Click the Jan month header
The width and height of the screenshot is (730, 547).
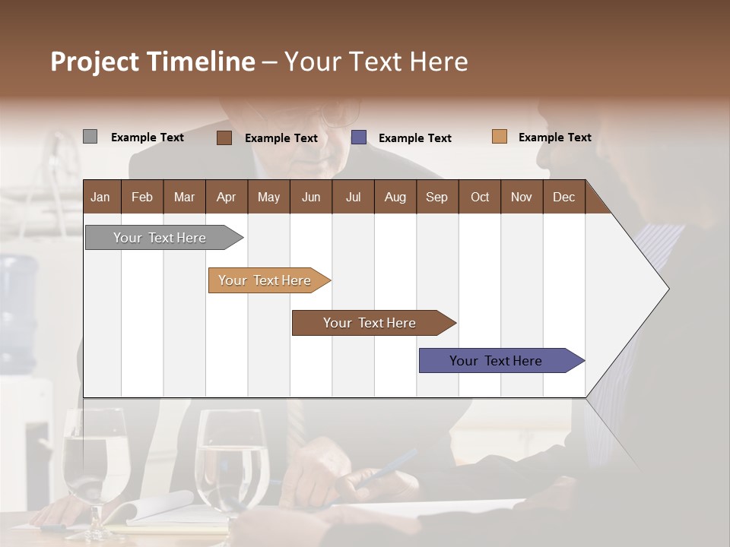click(x=100, y=197)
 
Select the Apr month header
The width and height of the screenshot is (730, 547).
click(x=227, y=197)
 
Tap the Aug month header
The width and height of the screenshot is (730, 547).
click(x=395, y=197)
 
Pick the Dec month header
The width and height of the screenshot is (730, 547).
click(x=563, y=197)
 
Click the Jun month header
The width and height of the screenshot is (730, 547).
click(x=311, y=197)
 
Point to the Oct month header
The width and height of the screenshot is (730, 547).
click(x=480, y=197)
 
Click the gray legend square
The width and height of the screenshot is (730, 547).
click(x=90, y=137)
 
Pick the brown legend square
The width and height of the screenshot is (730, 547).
click(x=224, y=138)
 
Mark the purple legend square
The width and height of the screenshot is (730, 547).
click(x=359, y=138)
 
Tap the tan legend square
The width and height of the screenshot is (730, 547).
click(x=500, y=137)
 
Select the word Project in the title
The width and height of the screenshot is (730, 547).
click(x=94, y=62)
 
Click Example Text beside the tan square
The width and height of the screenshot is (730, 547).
click(x=554, y=138)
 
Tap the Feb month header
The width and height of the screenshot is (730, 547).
click(x=142, y=197)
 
